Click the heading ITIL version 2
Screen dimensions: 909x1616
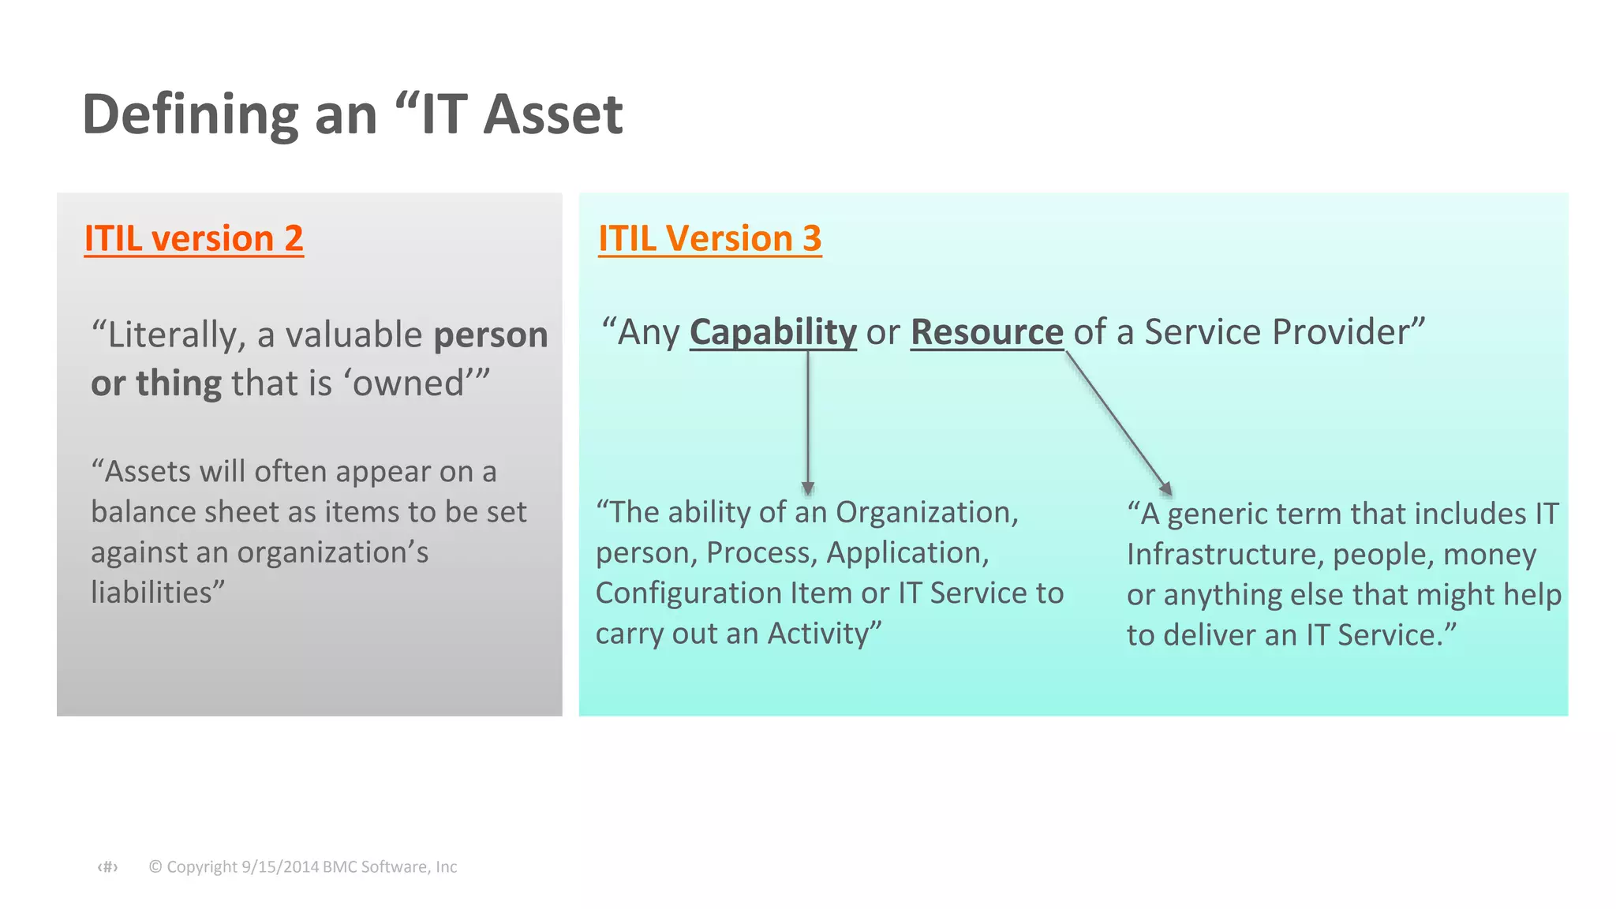pyautogui.click(x=193, y=238)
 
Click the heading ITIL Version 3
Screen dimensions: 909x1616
pyautogui.click(x=709, y=238)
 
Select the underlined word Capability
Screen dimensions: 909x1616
pyautogui.click(x=772, y=332)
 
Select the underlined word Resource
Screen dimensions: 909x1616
pyautogui.click(x=986, y=332)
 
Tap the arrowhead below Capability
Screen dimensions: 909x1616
pyautogui.click(x=807, y=487)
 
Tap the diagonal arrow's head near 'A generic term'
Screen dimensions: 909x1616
pyautogui.click(x=1165, y=488)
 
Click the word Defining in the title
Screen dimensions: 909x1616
pyautogui.click(x=190, y=114)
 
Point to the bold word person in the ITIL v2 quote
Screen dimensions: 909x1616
pyautogui.click(x=491, y=335)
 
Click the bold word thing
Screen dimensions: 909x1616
pyautogui.click(x=178, y=383)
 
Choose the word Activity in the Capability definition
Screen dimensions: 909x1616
pyautogui.click(x=817, y=634)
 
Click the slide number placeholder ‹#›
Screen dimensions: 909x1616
pyautogui.click(x=108, y=867)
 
